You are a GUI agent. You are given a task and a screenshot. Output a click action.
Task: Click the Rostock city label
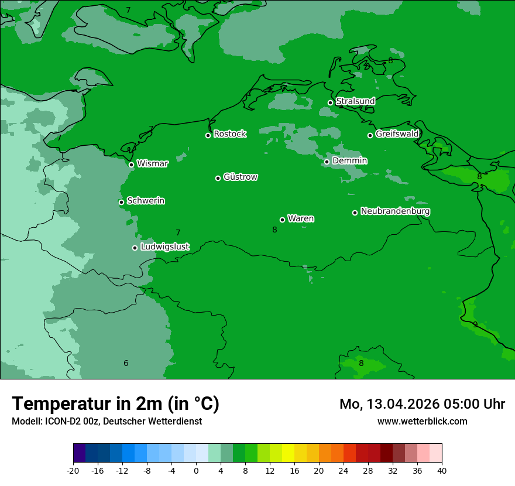coord(229,134)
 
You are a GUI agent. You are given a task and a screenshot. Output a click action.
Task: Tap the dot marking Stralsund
coord(330,102)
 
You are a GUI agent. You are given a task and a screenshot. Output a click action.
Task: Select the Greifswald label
coord(397,134)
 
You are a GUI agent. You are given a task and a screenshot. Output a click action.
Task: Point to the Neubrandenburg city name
coord(395,211)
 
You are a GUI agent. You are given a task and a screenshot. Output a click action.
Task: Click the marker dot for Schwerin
coord(121,202)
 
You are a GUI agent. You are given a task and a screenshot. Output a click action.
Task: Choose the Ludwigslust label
coord(164,247)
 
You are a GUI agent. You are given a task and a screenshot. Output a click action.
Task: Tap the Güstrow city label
coord(240,177)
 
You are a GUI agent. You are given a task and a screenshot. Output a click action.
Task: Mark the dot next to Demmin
coord(327,162)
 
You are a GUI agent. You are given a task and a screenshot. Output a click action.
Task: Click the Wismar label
coord(152,164)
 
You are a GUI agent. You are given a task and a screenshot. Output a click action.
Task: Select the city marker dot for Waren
coord(282,220)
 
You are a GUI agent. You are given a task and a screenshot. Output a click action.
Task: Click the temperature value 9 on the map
coord(475,324)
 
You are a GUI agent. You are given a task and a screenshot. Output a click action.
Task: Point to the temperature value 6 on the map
coord(126,364)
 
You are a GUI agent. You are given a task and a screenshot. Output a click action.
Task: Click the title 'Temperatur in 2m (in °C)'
coord(115,404)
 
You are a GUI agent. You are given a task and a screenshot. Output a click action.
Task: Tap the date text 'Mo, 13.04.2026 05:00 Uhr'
coord(422,404)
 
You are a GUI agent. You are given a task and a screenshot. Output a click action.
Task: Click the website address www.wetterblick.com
coord(422,421)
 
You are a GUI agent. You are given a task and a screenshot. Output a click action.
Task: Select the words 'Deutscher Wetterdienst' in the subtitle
coord(152,421)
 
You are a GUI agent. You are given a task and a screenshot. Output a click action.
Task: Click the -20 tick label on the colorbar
coord(73,470)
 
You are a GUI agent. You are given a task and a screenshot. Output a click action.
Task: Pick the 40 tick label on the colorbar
coord(441,470)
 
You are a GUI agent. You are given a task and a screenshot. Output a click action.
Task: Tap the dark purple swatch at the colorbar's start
coord(79,453)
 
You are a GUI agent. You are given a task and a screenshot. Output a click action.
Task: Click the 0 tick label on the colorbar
coord(196,470)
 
